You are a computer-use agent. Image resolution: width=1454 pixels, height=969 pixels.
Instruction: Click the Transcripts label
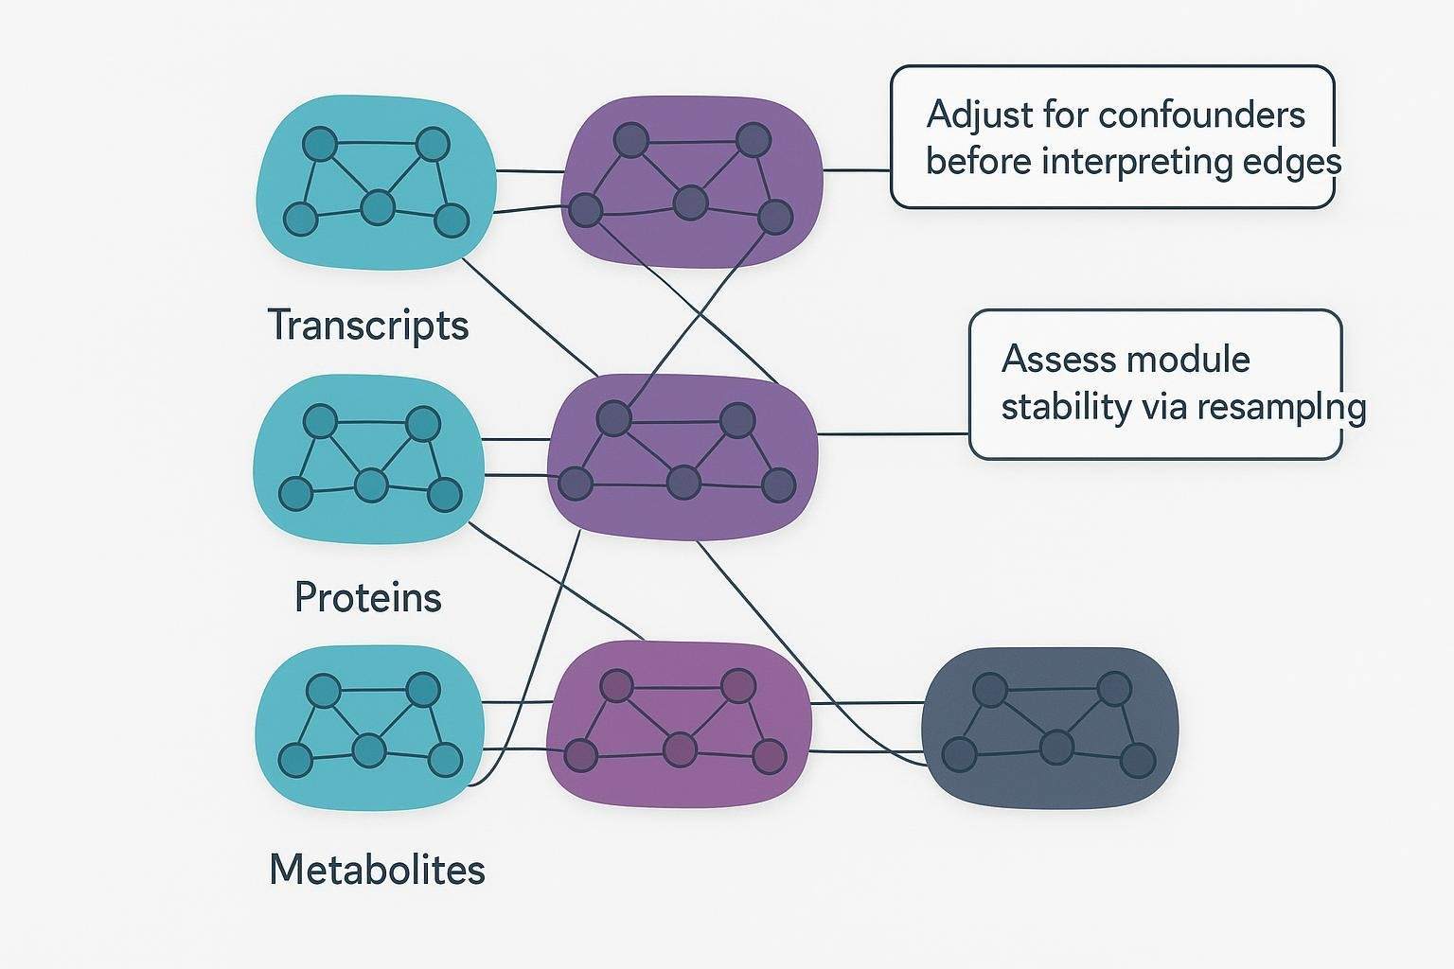(367, 326)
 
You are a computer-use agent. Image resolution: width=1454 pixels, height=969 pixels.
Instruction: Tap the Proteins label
(367, 597)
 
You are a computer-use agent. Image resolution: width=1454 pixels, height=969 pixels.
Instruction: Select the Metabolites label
(377, 869)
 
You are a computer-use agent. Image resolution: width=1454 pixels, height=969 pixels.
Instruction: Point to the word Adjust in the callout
(979, 115)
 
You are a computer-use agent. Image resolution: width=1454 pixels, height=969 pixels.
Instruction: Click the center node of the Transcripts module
(378, 207)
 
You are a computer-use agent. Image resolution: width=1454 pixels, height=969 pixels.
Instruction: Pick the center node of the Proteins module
(371, 485)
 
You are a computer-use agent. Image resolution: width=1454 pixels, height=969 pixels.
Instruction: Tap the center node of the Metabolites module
(369, 751)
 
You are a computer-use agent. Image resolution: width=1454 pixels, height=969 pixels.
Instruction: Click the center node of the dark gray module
(1055, 748)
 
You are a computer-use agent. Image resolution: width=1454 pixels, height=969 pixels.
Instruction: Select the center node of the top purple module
(690, 202)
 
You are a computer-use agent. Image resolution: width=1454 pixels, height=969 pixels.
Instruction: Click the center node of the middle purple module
(683, 483)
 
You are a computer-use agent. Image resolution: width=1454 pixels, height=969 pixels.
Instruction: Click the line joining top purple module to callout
(856, 171)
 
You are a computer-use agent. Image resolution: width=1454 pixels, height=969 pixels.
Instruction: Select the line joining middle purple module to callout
(892, 434)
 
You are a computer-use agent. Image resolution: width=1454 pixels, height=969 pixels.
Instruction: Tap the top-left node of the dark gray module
(989, 690)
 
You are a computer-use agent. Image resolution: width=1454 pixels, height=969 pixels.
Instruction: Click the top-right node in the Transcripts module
(433, 145)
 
